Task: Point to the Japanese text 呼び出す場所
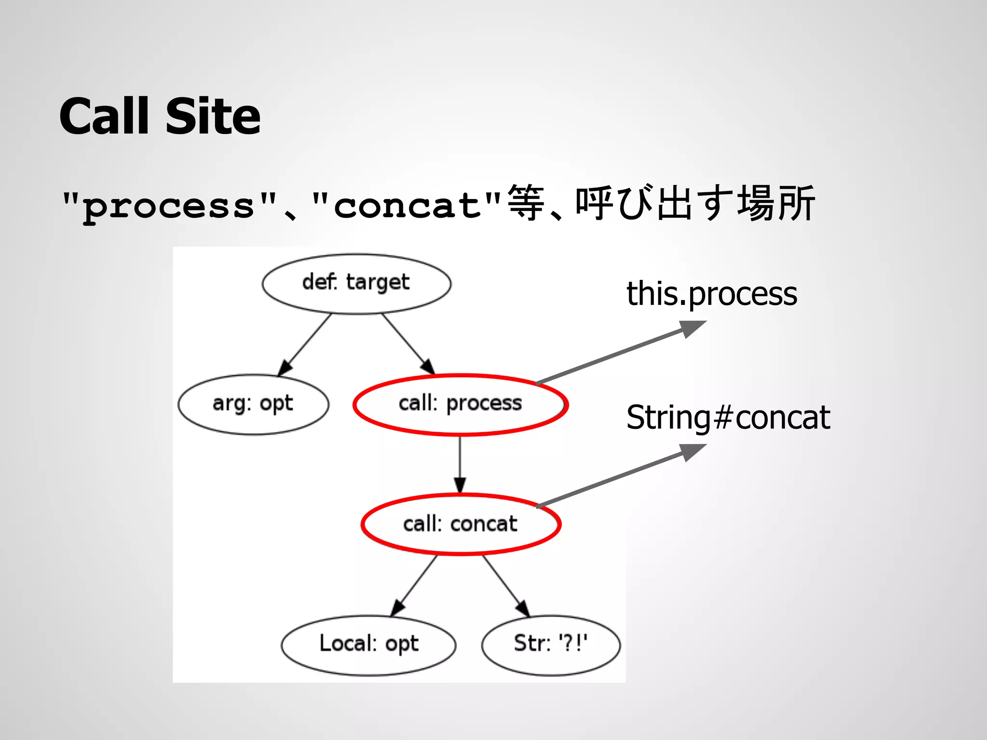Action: [694, 204]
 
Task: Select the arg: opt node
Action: [253, 404]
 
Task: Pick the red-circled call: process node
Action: [460, 404]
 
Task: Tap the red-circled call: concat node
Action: [460, 524]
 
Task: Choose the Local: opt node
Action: [369, 645]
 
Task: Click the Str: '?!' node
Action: [550, 645]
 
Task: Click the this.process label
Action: [711, 293]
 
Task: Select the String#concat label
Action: [728, 417]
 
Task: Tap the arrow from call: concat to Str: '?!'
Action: [506, 585]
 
